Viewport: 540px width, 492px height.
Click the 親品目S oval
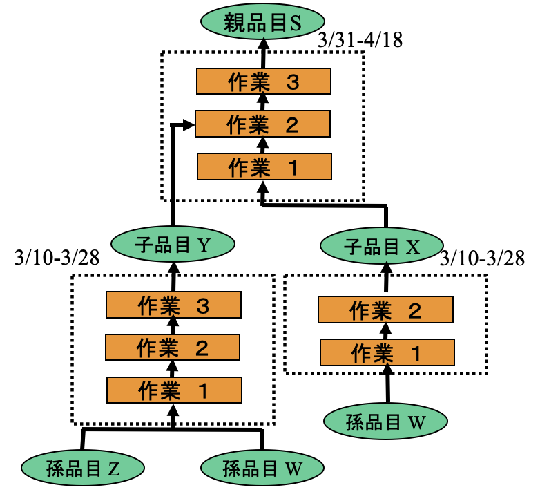tap(263, 23)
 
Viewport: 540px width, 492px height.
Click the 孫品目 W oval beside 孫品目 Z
tap(263, 468)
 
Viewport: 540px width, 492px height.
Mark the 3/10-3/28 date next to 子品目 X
tap(481, 258)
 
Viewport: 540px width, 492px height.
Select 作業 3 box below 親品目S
tap(262, 82)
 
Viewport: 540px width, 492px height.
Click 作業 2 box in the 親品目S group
tap(262, 124)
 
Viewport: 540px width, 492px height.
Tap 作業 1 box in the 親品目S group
tap(263, 167)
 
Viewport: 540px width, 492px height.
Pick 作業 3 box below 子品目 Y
tap(173, 304)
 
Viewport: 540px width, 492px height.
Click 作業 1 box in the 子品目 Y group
tap(173, 390)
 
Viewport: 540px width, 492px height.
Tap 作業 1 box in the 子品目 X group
tap(387, 352)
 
